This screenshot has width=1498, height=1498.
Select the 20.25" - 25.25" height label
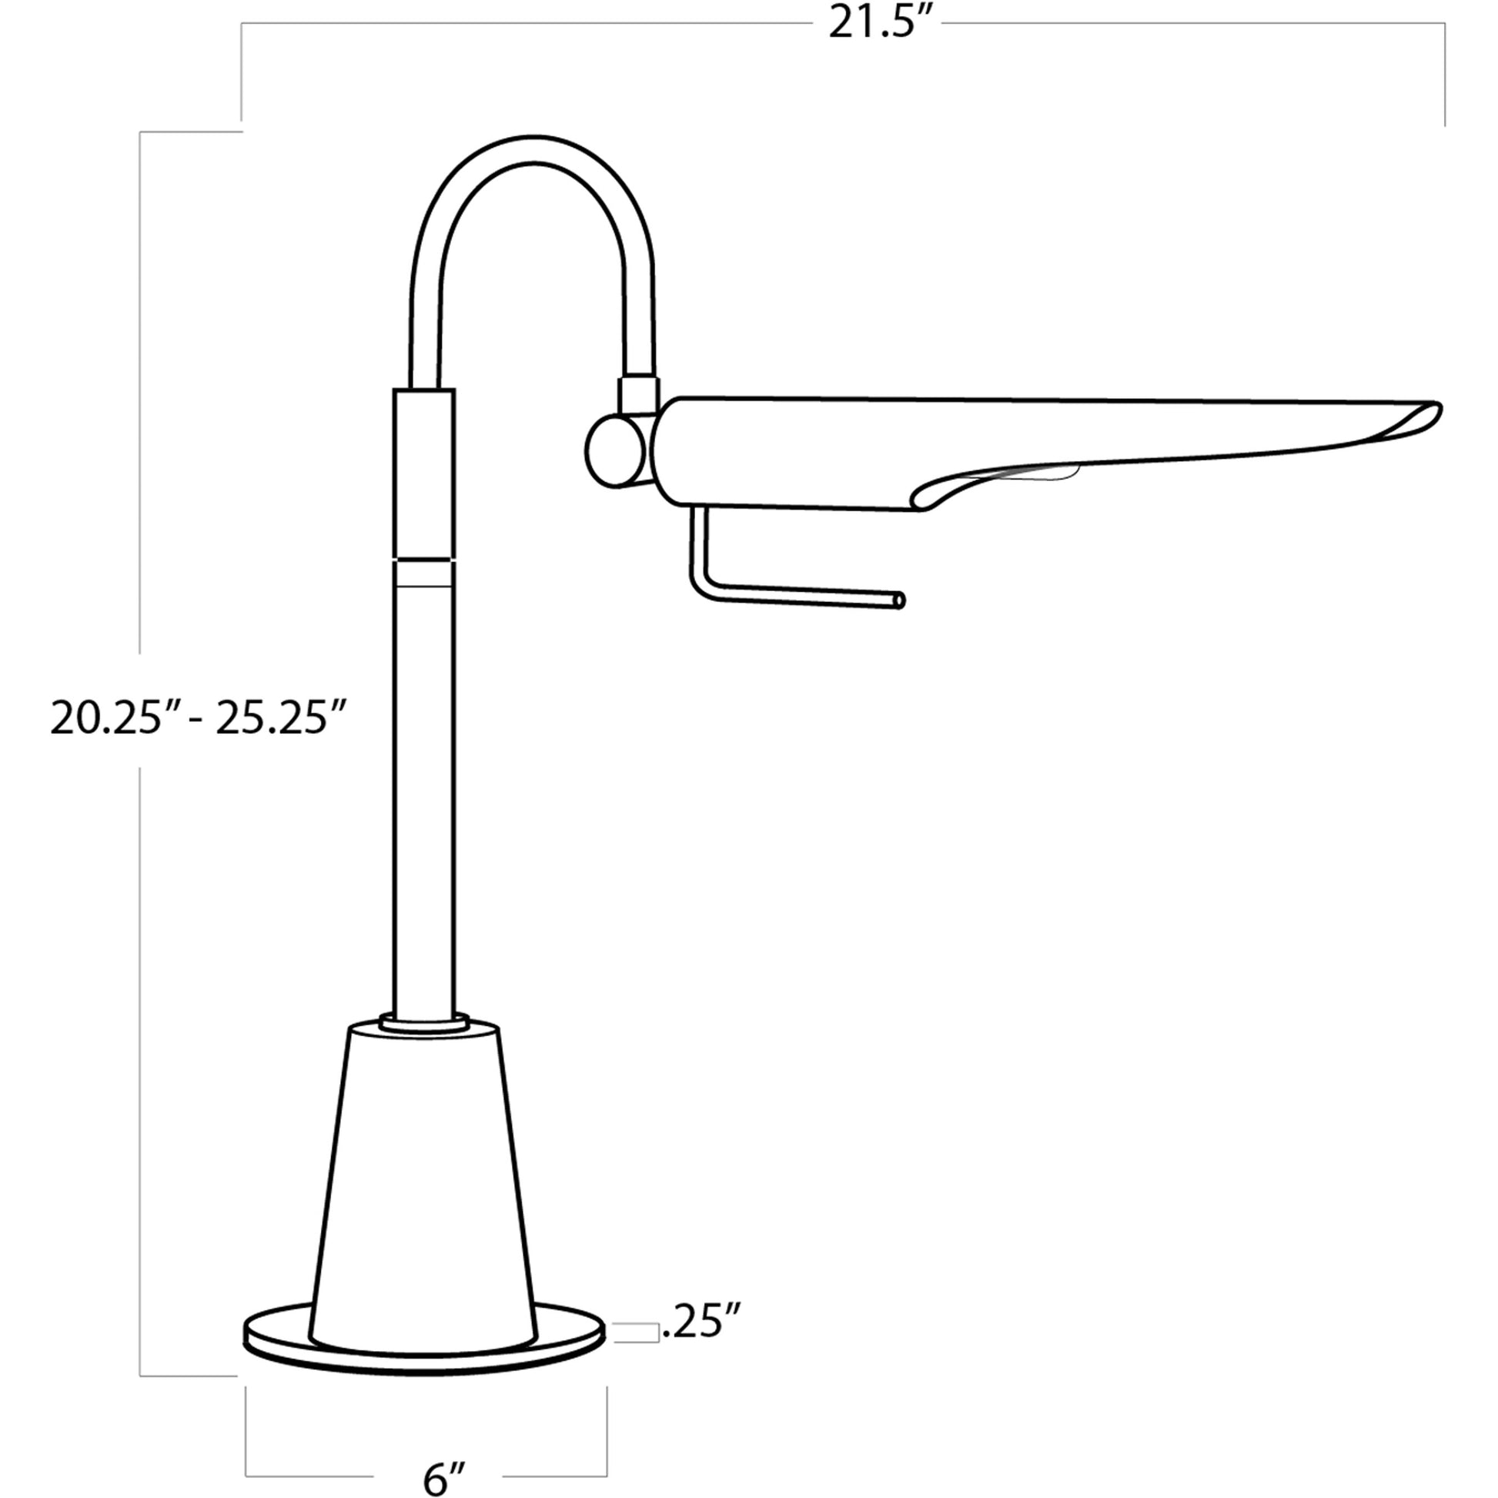pyautogui.click(x=198, y=717)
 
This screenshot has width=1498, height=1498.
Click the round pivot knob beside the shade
pyautogui.click(x=614, y=452)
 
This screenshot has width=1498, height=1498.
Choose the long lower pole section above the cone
pyautogui.click(x=423, y=798)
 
